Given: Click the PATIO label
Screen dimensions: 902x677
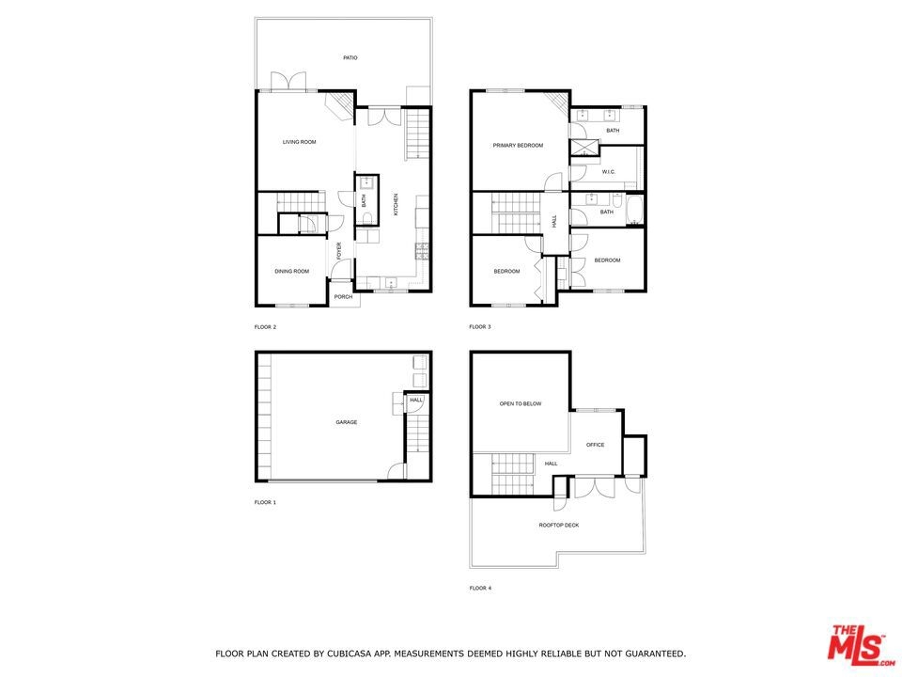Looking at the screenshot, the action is pyautogui.click(x=350, y=57).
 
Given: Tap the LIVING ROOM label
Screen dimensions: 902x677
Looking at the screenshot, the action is pyautogui.click(x=299, y=142).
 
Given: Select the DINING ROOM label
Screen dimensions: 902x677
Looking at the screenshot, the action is pyautogui.click(x=291, y=271).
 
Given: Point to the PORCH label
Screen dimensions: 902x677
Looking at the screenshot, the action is pyautogui.click(x=344, y=297).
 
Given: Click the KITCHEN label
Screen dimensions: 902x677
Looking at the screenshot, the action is pyautogui.click(x=396, y=204).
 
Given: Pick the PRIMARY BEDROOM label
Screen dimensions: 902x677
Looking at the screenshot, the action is pyautogui.click(x=518, y=146).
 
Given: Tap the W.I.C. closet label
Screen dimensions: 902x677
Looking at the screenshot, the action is pyautogui.click(x=609, y=172).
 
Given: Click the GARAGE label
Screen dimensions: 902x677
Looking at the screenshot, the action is pyautogui.click(x=347, y=422).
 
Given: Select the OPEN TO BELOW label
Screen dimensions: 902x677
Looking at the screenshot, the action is pyautogui.click(x=520, y=404).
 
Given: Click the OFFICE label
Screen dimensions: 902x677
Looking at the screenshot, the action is pyautogui.click(x=596, y=445).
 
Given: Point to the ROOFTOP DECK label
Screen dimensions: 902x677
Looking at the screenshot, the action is pyautogui.click(x=558, y=526).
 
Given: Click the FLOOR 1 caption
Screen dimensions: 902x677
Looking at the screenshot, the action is pyautogui.click(x=265, y=502).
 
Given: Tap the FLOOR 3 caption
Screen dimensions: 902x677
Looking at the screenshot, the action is pyautogui.click(x=480, y=327).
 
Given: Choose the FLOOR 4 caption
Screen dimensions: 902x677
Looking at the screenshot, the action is pyautogui.click(x=480, y=589).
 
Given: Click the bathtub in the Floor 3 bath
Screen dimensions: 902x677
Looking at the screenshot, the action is pyautogui.click(x=634, y=211).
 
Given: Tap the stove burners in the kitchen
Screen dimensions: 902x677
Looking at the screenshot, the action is pyautogui.click(x=422, y=250).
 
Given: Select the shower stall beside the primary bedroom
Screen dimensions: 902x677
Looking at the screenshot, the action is pyautogui.click(x=584, y=148).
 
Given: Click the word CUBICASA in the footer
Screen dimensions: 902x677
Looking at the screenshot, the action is pyautogui.click(x=350, y=653).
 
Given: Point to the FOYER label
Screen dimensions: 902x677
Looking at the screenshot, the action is pyautogui.click(x=339, y=250).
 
